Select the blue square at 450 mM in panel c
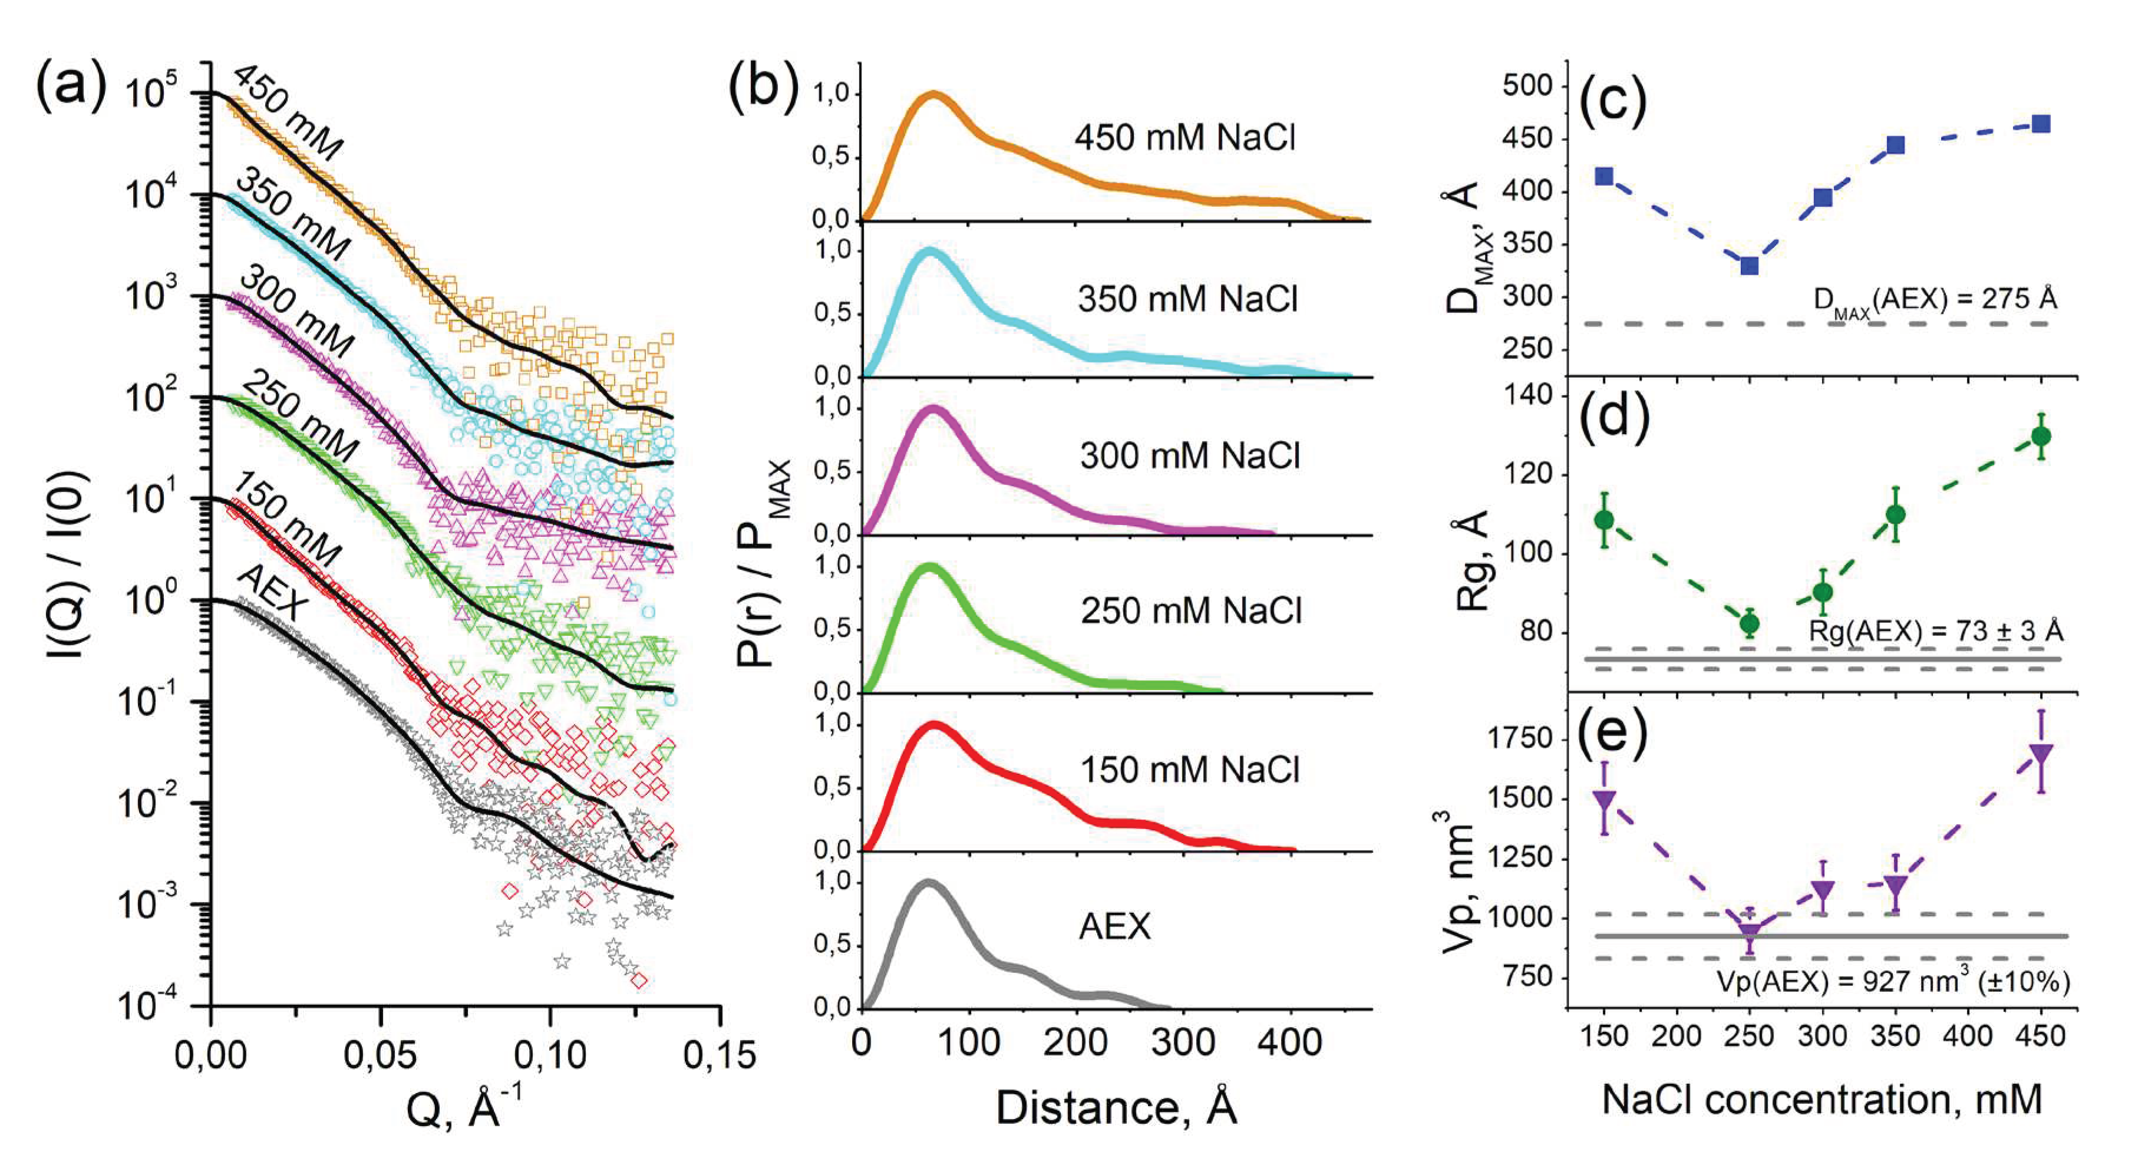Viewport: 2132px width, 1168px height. click(2041, 124)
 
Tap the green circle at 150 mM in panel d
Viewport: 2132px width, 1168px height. click(1604, 520)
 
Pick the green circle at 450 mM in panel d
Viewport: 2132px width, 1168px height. click(2041, 435)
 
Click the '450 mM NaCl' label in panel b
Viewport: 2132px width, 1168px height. click(1185, 137)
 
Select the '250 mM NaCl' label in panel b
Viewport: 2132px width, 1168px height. click(1190, 611)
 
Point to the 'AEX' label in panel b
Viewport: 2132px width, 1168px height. click(1114, 926)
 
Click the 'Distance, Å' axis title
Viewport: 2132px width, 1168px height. click(1115, 1107)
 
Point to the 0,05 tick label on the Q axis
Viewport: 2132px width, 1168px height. click(380, 1056)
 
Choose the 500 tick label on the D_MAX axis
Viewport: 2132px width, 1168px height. click(1530, 86)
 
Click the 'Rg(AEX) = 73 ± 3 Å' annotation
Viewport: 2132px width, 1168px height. click(1935, 632)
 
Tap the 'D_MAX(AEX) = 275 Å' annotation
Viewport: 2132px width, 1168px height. click(1935, 299)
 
